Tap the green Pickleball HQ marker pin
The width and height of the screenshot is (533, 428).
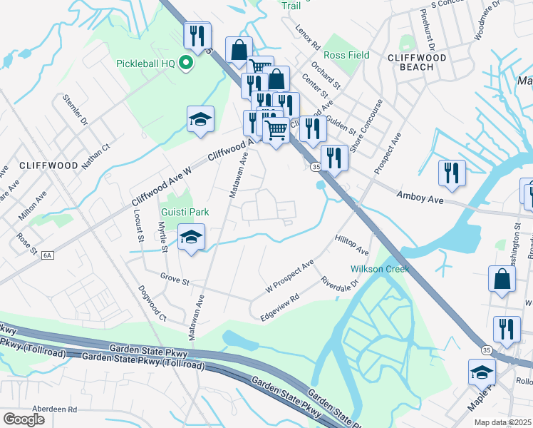pyautogui.click(x=186, y=63)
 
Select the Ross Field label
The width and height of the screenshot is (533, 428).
pyautogui.click(x=346, y=55)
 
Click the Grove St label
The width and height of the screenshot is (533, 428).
pyautogui.click(x=175, y=279)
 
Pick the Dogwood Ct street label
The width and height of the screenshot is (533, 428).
pyautogui.click(x=152, y=304)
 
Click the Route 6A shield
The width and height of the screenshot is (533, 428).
pyautogui.click(x=48, y=253)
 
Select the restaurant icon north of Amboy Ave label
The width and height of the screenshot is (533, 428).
pyautogui.click(x=452, y=173)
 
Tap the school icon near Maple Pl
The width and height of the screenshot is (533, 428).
pyautogui.click(x=482, y=372)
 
